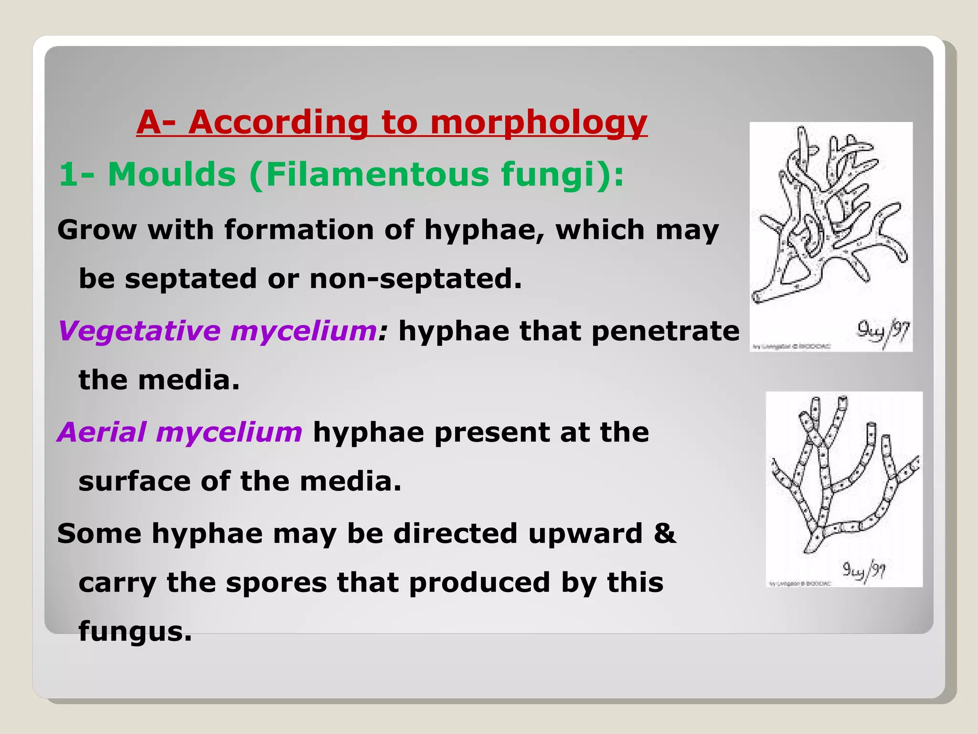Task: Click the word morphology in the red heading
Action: (x=538, y=123)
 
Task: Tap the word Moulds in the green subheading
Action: (x=172, y=174)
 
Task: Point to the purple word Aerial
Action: (x=102, y=432)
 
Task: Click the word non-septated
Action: (x=415, y=279)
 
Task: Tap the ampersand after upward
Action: (x=665, y=533)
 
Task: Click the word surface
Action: (x=134, y=481)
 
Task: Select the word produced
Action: (x=479, y=583)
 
